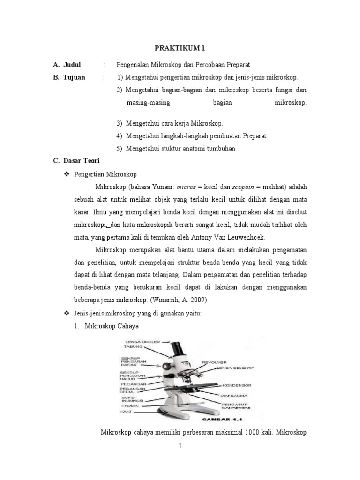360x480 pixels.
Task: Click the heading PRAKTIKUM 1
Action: [x=180, y=48]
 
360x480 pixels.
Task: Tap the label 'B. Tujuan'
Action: [x=69, y=77]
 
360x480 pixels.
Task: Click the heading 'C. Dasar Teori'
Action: [x=73, y=160]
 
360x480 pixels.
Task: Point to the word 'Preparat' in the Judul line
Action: [x=237, y=64]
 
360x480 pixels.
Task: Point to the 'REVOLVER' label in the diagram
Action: [x=214, y=362]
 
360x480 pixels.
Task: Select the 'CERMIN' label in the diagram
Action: [x=129, y=406]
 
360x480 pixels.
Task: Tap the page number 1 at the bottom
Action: [x=180, y=446]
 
